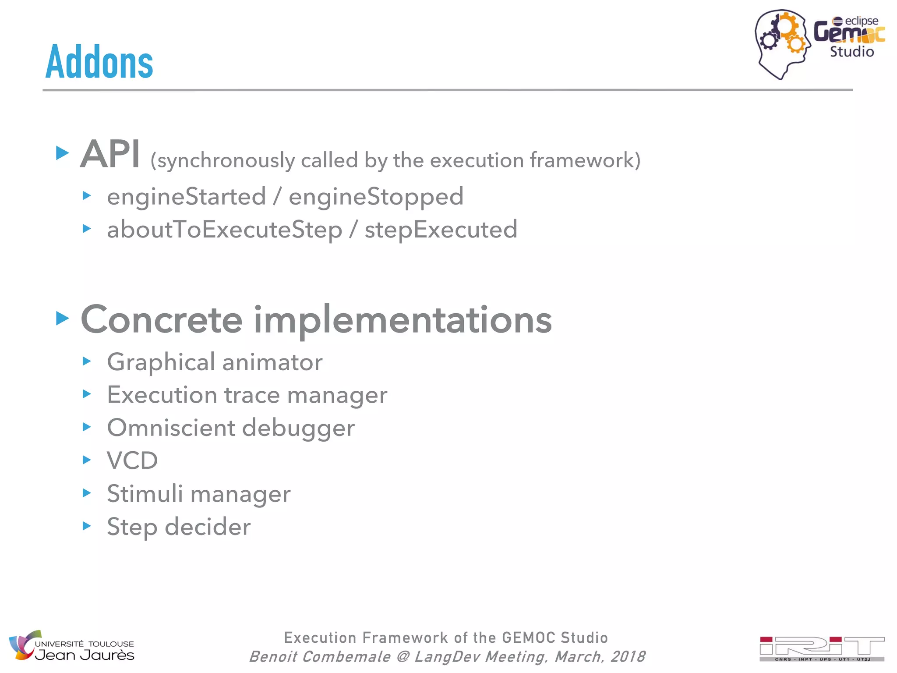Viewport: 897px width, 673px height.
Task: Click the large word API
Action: pyautogui.click(x=110, y=154)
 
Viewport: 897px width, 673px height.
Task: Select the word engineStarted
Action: pyautogui.click(x=187, y=196)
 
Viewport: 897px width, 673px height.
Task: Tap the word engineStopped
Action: pyautogui.click(x=376, y=196)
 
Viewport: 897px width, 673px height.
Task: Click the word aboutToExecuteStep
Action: pyautogui.click(x=224, y=230)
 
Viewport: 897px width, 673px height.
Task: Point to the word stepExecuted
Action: pyautogui.click(x=441, y=230)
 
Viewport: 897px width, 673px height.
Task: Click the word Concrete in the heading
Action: pyautogui.click(x=162, y=320)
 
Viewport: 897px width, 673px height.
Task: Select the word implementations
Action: pyautogui.click(x=403, y=320)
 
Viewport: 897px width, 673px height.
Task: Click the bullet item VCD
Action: pyautogui.click(x=132, y=460)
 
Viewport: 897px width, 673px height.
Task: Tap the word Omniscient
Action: pyautogui.click(x=171, y=428)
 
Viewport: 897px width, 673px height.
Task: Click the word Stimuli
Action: pyautogui.click(x=145, y=494)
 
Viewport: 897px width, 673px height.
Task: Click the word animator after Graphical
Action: pyautogui.click(x=272, y=362)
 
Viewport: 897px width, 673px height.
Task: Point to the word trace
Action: pyautogui.click(x=252, y=395)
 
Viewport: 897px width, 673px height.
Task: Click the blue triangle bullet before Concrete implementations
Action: pyautogui.click(x=63, y=319)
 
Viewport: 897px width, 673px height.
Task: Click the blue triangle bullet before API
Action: pyautogui.click(x=63, y=153)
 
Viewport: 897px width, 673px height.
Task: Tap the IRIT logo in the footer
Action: pyautogui.click(x=822, y=648)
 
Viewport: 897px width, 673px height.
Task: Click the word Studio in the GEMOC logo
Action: pyautogui.click(x=851, y=52)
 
